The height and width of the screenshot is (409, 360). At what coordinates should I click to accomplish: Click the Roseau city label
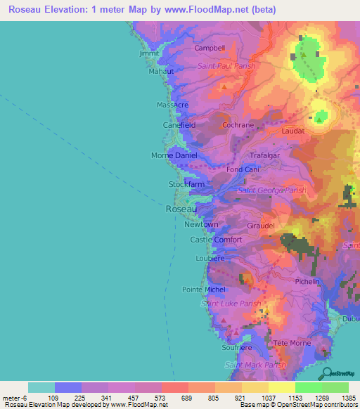(181, 209)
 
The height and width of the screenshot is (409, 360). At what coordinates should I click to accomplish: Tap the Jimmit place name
(150, 53)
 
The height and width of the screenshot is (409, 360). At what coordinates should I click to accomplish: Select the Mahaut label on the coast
(161, 72)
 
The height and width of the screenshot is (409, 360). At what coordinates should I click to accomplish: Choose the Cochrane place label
(238, 124)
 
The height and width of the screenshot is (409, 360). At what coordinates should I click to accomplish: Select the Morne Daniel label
(174, 155)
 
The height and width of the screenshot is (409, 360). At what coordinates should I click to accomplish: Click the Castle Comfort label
(217, 240)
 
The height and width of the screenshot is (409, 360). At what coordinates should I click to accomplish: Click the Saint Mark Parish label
(255, 365)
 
